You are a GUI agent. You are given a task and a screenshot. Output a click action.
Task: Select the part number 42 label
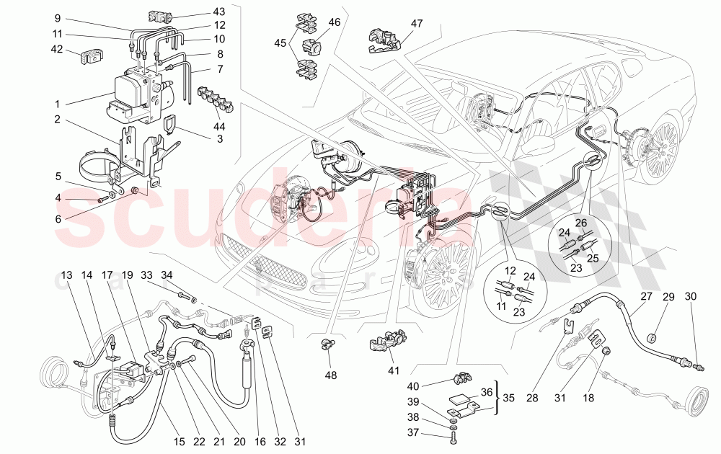tap(56, 50)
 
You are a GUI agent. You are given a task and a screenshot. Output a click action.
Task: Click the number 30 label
tap(691, 297)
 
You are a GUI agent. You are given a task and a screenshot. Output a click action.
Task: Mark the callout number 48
tap(330, 375)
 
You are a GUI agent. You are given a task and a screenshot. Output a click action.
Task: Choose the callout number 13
tap(66, 275)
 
